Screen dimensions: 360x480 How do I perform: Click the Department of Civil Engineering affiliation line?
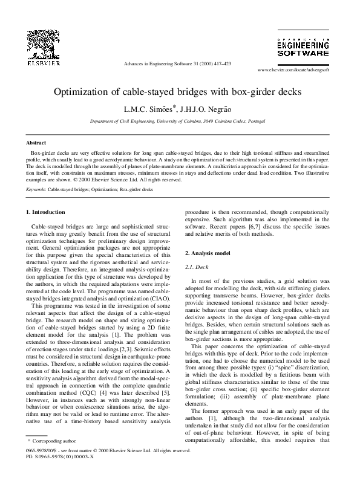[180, 121]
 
